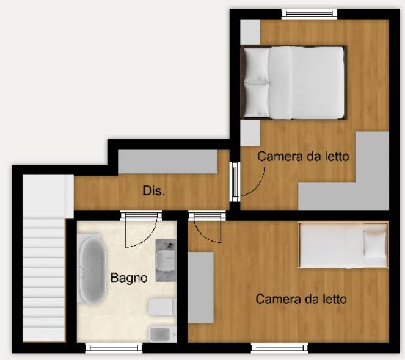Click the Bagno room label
tap(129, 278)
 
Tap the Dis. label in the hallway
tap(154, 191)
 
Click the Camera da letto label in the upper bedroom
tap(303, 156)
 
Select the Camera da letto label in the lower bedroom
tap(301, 300)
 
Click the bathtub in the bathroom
tap(92, 271)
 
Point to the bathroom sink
tap(166, 260)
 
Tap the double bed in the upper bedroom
tap(293, 82)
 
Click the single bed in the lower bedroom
tap(343, 245)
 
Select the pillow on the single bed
tap(375, 245)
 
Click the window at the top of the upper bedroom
tap(310, 13)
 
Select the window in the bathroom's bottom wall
tap(114, 348)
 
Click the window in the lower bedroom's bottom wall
tap(280, 348)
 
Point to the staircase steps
tap(43, 280)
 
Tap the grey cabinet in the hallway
tap(168, 162)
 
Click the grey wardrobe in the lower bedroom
tap(200, 287)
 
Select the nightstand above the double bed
tap(250, 32)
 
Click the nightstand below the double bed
tap(250, 133)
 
